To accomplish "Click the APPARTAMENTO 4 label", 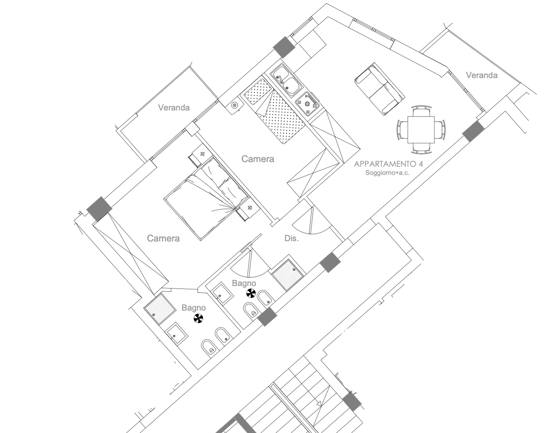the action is tap(389, 164).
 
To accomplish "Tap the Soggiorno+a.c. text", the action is tap(387, 173).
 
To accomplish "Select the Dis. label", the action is tap(292, 238).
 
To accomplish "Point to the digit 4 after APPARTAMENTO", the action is tap(420, 164).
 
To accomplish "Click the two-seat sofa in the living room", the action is tap(380, 89).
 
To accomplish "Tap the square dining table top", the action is tap(421, 130).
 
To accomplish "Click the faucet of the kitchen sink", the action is tap(281, 79).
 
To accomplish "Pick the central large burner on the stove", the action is tap(307, 104).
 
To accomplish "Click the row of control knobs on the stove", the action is tap(313, 98).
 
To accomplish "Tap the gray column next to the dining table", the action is tap(473, 131).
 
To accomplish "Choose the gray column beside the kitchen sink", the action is tap(284, 47).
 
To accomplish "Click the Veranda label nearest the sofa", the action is tap(482, 75).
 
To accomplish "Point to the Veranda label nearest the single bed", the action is tap(174, 108).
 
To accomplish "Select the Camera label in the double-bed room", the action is tap(163, 238).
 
